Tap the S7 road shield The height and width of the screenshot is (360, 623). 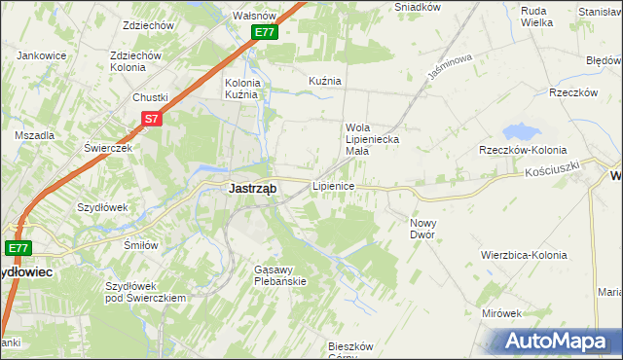coord(151,119)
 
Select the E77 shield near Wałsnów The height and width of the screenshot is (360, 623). coord(266,32)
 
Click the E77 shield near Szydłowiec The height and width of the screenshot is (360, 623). coord(19,248)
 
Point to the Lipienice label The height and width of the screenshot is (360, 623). coord(333,185)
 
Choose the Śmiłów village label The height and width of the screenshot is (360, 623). coord(141,245)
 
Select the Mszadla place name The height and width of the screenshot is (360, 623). coord(34,135)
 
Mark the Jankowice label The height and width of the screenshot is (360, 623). coord(41,55)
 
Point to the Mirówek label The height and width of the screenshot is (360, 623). coord(502,313)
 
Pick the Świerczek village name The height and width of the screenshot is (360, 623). coord(107,147)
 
